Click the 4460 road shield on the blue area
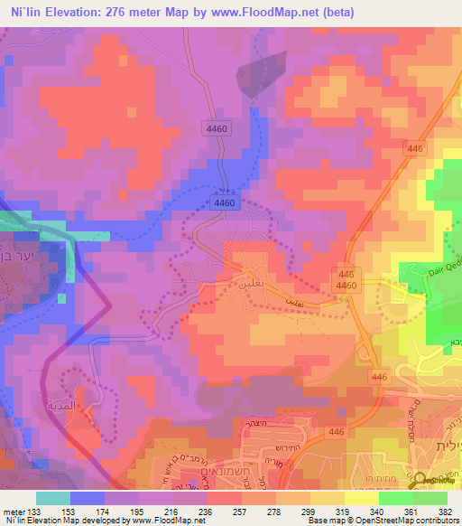pos(226,204)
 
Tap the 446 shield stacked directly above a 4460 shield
pos(346,273)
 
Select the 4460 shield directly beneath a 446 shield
pos(346,286)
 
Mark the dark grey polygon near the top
pos(262,73)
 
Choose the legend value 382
pos(447,511)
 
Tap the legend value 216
pos(174,511)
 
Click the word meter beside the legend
pos(13,511)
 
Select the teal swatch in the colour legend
pos(53,498)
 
